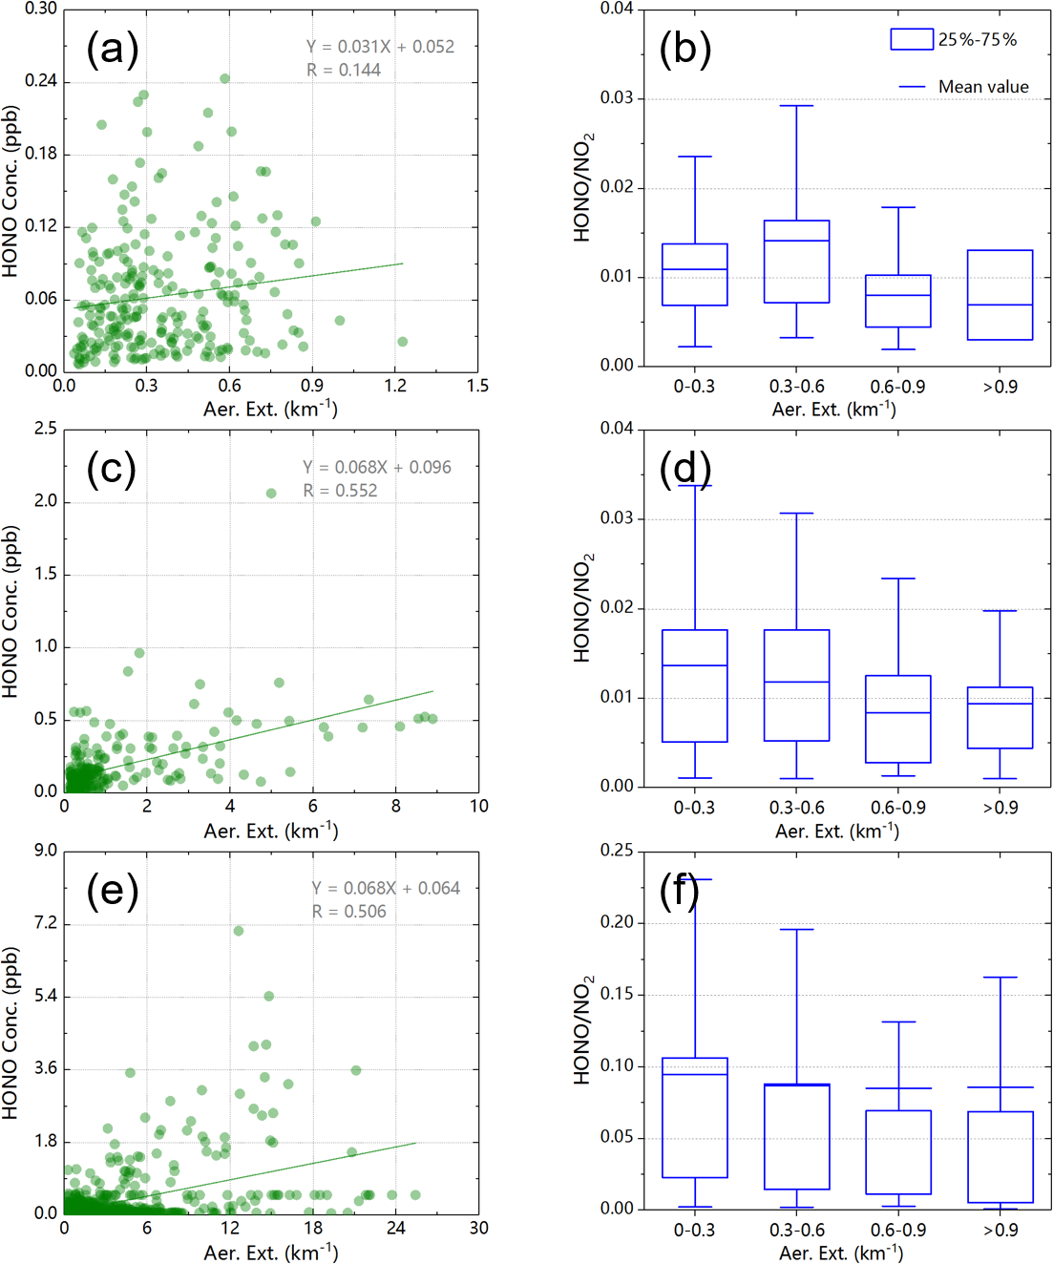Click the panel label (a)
(x=113, y=49)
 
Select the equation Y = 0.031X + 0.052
(x=380, y=47)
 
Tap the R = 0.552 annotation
(x=340, y=491)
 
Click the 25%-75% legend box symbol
(x=911, y=39)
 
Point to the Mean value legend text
(x=983, y=87)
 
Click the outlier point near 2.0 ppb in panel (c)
(x=271, y=494)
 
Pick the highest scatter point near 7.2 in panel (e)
(x=239, y=931)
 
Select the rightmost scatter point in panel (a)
(x=403, y=342)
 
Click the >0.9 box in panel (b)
(x=1000, y=295)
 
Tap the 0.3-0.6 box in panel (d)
(x=796, y=685)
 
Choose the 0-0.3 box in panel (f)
(x=695, y=1117)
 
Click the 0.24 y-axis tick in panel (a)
(x=41, y=81)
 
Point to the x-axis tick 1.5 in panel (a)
(x=477, y=386)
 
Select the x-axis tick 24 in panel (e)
(x=396, y=1229)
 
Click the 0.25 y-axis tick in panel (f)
(x=617, y=851)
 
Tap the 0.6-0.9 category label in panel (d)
(x=897, y=808)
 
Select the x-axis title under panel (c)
(x=270, y=831)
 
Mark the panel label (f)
(x=680, y=891)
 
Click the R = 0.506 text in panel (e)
(x=348, y=912)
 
